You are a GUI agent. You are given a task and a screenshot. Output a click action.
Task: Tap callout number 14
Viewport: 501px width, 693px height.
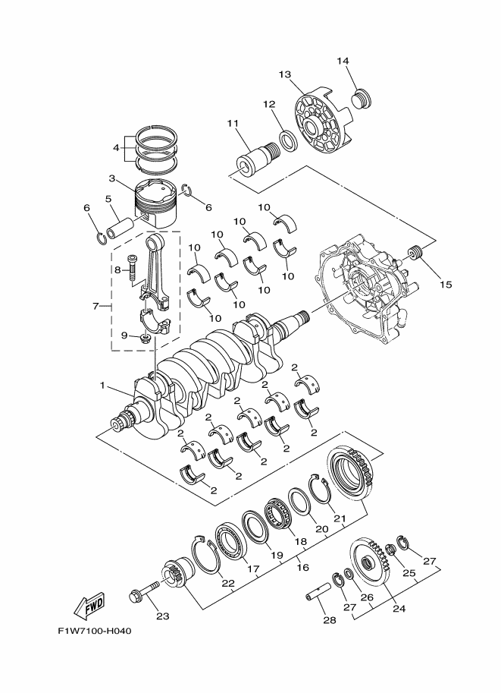[343, 61]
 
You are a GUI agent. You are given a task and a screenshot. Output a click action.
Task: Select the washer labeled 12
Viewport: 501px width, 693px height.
[288, 140]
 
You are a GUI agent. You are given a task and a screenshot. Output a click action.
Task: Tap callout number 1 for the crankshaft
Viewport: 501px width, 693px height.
[103, 386]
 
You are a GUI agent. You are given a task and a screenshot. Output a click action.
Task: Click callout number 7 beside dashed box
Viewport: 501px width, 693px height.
[96, 306]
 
